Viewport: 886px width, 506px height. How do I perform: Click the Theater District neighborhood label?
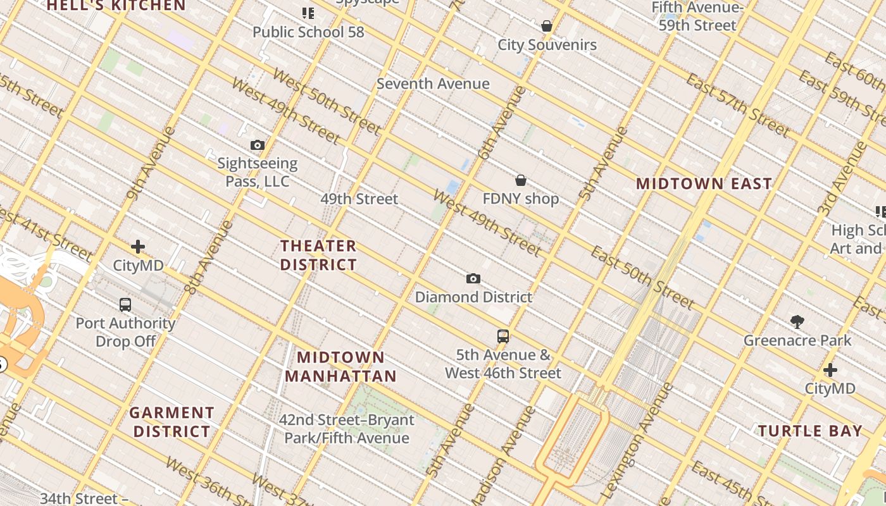[318, 255]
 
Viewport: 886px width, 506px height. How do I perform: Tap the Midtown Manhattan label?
[340, 367]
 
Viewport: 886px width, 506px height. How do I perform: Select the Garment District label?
[172, 422]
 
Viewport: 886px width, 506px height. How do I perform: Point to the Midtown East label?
[704, 184]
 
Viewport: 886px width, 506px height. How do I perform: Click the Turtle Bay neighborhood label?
[810, 431]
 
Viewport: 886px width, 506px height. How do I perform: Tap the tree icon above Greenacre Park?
[797, 322]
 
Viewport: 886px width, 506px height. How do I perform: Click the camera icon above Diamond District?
[473, 279]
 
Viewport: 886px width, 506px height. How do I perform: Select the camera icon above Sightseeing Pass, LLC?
[257, 145]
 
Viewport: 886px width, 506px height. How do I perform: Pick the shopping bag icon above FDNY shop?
[520, 181]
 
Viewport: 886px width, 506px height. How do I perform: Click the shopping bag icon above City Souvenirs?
[546, 27]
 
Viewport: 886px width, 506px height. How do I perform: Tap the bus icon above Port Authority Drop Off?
[125, 305]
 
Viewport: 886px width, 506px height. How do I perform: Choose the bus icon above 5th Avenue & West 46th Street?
[502, 336]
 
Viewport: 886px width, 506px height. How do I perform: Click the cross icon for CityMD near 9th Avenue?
[138, 247]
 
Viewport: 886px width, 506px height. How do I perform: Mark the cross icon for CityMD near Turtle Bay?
[830, 370]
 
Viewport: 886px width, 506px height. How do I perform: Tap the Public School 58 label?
[308, 32]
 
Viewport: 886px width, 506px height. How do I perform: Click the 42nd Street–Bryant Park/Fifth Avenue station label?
[347, 429]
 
